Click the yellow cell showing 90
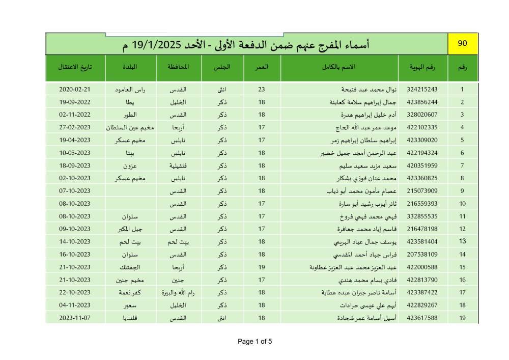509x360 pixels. [x=462, y=44]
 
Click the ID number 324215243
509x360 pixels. [x=422, y=90]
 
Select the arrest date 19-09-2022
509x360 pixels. [x=74, y=102]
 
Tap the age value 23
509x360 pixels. [x=262, y=90]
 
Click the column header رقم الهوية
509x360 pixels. [x=422, y=67]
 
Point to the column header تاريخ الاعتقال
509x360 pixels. [x=75, y=67]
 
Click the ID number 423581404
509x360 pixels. [x=422, y=241]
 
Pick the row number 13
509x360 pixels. [x=462, y=241]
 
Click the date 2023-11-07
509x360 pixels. [x=74, y=318]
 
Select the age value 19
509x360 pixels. [x=262, y=267]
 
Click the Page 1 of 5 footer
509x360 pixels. [x=254, y=342]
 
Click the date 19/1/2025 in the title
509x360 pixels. [x=160, y=45]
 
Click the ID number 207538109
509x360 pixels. [x=422, y=254]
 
